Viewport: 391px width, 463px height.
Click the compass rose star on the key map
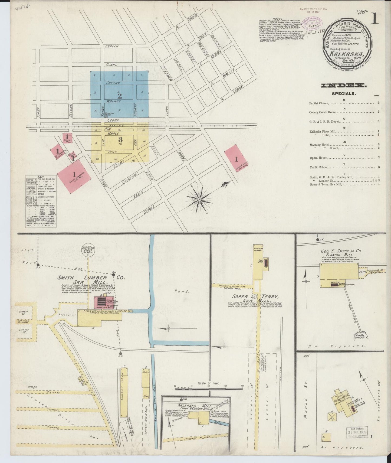(199, 200)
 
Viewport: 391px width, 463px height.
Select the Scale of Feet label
(209, 383)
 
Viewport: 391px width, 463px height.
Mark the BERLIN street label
(112, 46)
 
